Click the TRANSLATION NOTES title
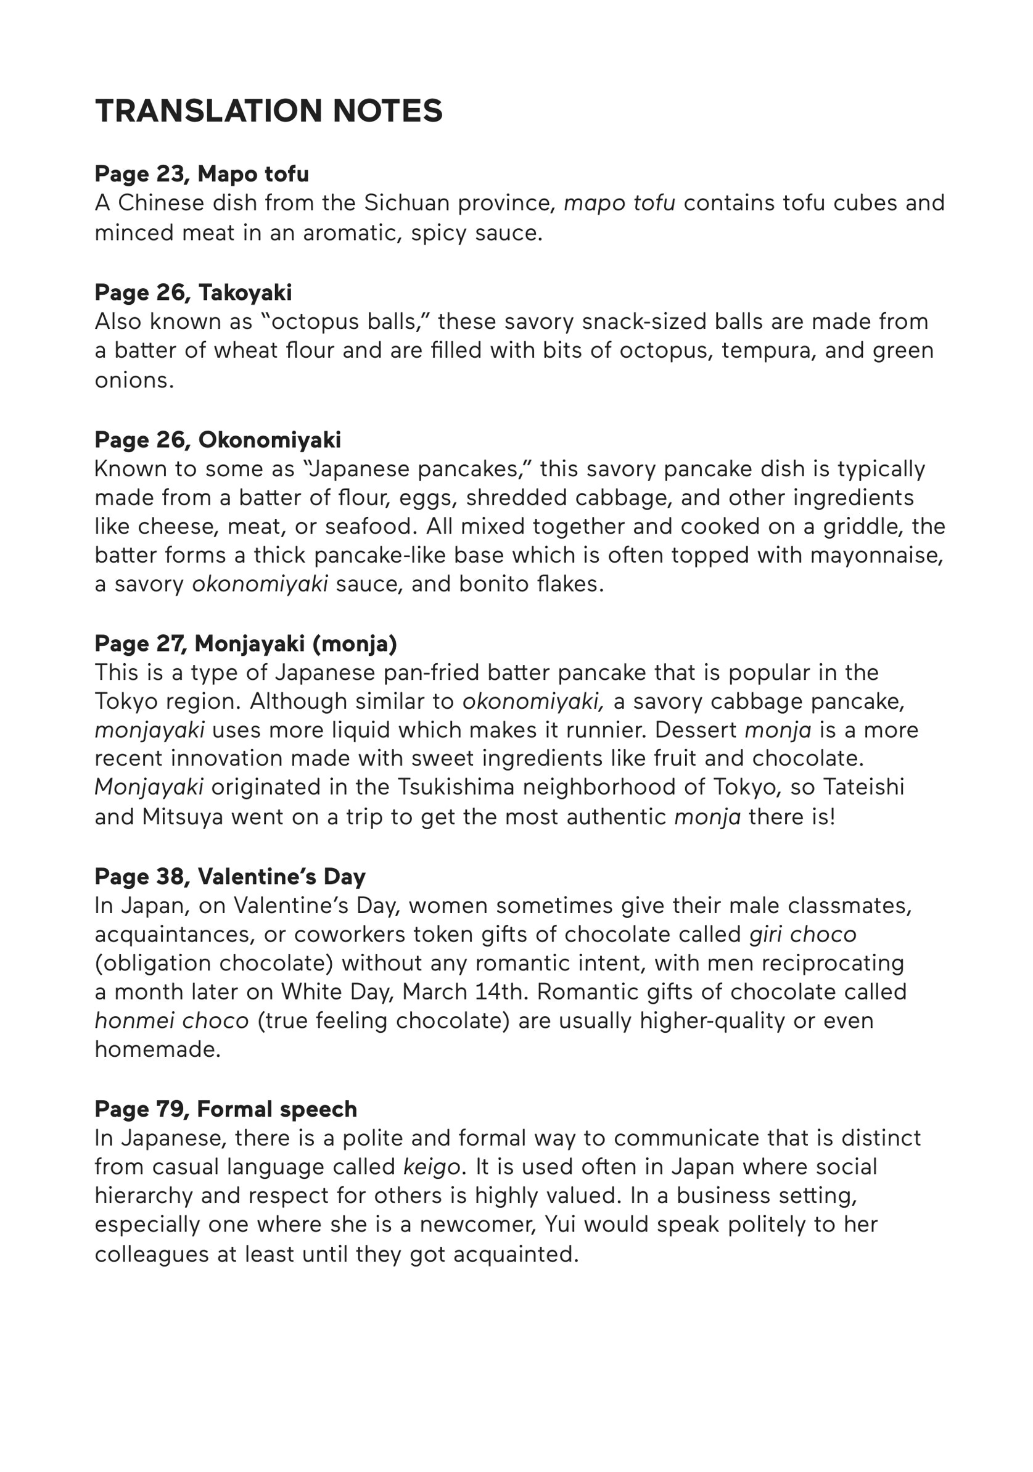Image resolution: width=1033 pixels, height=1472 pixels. (268, 110)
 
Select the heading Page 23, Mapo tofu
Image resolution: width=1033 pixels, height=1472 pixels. (201, 174)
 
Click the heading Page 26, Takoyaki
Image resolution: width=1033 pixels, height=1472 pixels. (193, 292)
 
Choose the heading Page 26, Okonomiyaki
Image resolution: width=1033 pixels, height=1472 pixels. (217, 440)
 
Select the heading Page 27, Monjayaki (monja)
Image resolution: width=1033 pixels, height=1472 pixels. (245, 643)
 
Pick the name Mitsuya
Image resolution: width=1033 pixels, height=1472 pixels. (183, 817)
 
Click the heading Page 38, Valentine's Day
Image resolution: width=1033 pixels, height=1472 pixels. (229, 877)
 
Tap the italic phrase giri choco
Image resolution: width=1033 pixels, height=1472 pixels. (802, 935)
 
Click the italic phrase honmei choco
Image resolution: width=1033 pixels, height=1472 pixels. (171, 1020)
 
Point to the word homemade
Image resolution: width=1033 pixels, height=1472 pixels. (157, 1049)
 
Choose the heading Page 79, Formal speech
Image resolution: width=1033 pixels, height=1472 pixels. (226, 1109)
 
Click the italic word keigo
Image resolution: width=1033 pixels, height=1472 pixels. (432, 1167)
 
